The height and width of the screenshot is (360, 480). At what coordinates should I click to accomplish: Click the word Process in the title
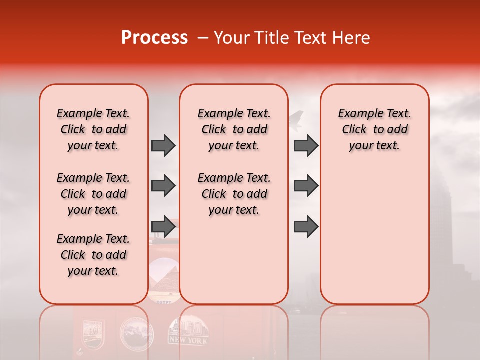[x=154, y=38]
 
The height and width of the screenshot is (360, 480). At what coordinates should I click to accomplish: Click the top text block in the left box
[x=93, y=129]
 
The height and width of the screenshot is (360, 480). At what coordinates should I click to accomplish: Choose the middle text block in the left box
[x=93, y=194]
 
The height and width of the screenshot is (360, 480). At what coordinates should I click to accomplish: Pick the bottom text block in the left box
[x=93, y=255]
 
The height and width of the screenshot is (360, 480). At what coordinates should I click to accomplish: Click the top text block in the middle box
[x=234, y=129]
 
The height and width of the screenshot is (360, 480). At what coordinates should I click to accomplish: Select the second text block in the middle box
[x=234, y=194]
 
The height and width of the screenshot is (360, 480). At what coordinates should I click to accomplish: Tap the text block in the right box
[x=374, y=129]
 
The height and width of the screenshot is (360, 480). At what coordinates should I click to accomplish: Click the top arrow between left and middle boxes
[x=163, y=146]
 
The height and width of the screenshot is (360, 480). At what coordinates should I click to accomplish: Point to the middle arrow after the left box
[x=163, y=186]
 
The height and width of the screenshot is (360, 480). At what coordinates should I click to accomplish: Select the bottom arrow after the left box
[x=163, y=227]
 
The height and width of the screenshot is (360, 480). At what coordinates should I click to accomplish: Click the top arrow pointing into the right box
[x=306, y=146]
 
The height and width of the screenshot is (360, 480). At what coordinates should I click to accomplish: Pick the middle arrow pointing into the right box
[x=306, y=186]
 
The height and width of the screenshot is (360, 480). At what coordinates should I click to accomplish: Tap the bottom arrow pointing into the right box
[x=306, y=227]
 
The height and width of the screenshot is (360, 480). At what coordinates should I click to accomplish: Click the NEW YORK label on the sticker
[x=189, y=340]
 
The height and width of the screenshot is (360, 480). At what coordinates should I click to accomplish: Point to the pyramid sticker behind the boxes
[x=164, y=280]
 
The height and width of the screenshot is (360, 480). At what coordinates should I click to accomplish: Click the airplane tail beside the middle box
[x=296, y=120]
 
